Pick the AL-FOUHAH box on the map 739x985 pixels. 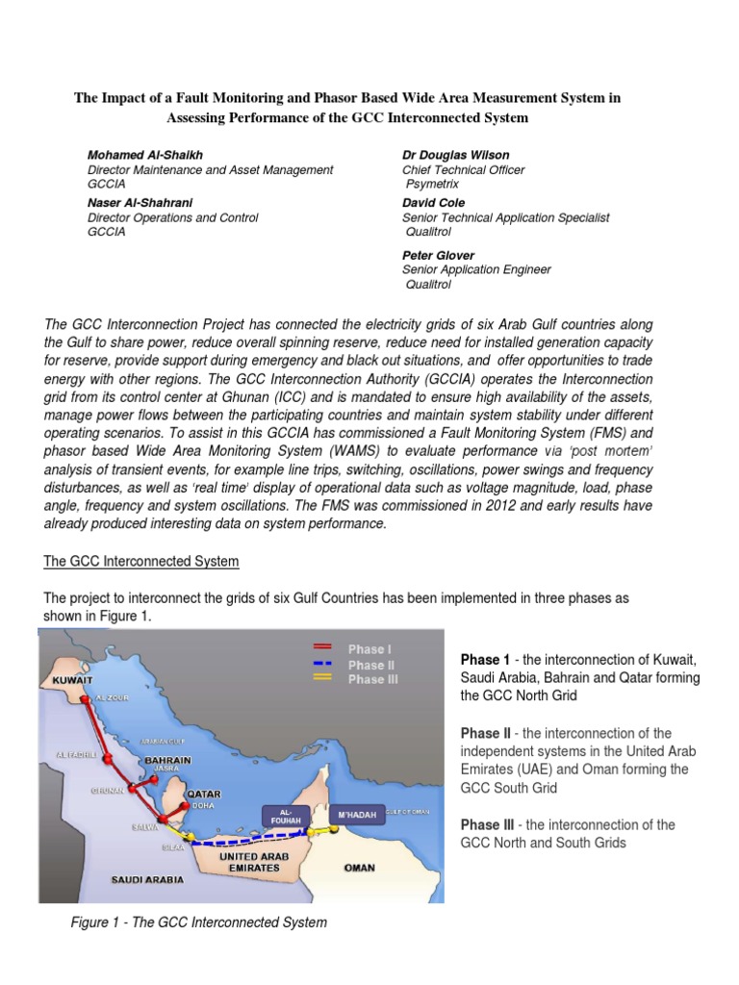point(290,816)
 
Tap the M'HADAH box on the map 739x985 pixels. point(356,816)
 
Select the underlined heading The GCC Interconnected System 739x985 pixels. point(141,561)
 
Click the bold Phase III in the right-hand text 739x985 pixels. point(487,825)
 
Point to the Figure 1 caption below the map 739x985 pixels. point(199,922)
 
